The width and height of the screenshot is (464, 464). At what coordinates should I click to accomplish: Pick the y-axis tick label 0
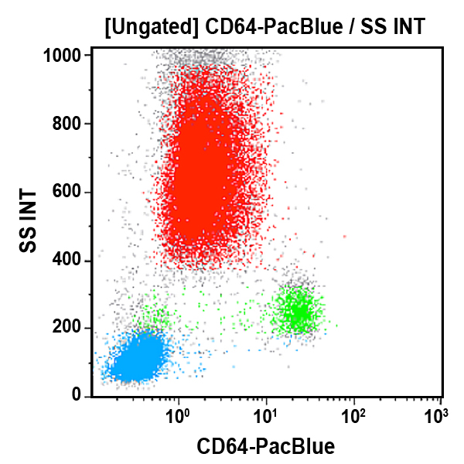point(77,395)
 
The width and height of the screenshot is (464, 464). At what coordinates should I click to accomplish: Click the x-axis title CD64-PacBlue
point(265,446)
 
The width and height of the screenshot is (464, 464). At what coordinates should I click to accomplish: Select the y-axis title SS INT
point(29,221)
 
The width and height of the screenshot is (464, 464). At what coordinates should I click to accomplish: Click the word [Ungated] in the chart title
point(153,29)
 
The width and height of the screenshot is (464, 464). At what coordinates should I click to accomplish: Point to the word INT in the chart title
point(407,29)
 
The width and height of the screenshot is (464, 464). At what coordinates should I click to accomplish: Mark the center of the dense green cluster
point(299,312)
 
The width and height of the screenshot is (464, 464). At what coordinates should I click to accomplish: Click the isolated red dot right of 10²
point(345,237)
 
